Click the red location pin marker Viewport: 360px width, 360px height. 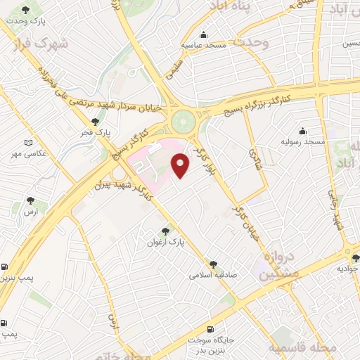point(181,165)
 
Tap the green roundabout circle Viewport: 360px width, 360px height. point(184,121)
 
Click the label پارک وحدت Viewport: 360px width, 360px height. point(26,21)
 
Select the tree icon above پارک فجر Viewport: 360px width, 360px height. point(95,122)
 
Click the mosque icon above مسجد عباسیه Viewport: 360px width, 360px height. point(204,34)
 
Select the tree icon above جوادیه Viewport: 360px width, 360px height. point(356,258)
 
